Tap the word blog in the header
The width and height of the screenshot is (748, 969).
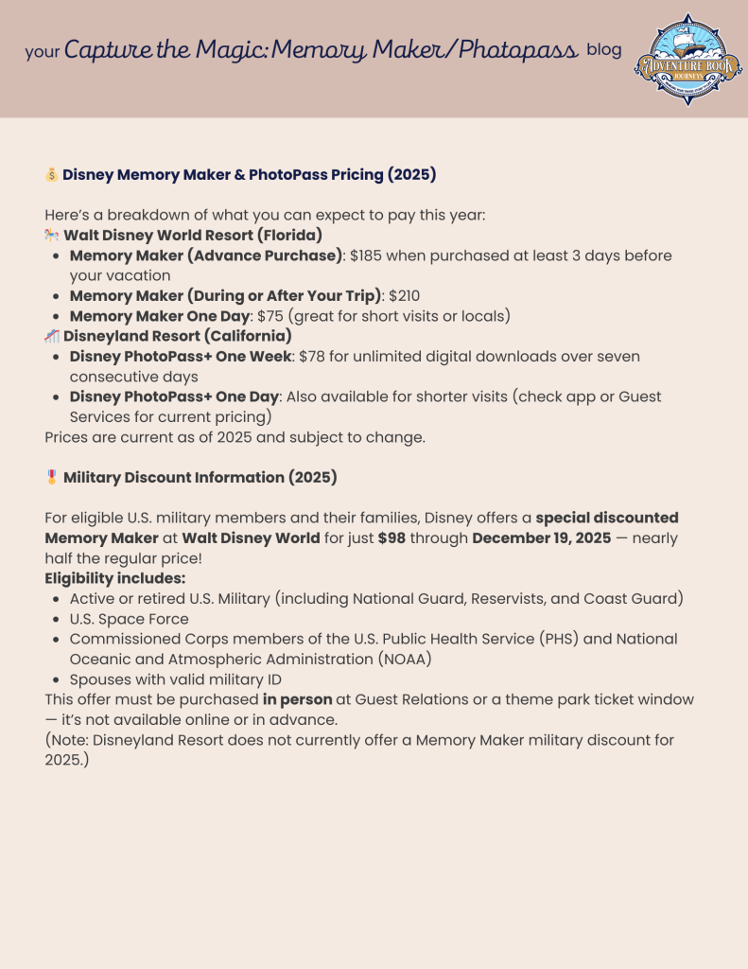[x=604, y=50]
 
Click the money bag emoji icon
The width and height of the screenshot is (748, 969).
[x=52, y=175]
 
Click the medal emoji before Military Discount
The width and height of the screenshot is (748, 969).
[x=52, y=478]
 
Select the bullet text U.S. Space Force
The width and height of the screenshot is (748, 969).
[x=129, y=619]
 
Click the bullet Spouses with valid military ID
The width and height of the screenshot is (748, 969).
[x=175, y=679]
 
